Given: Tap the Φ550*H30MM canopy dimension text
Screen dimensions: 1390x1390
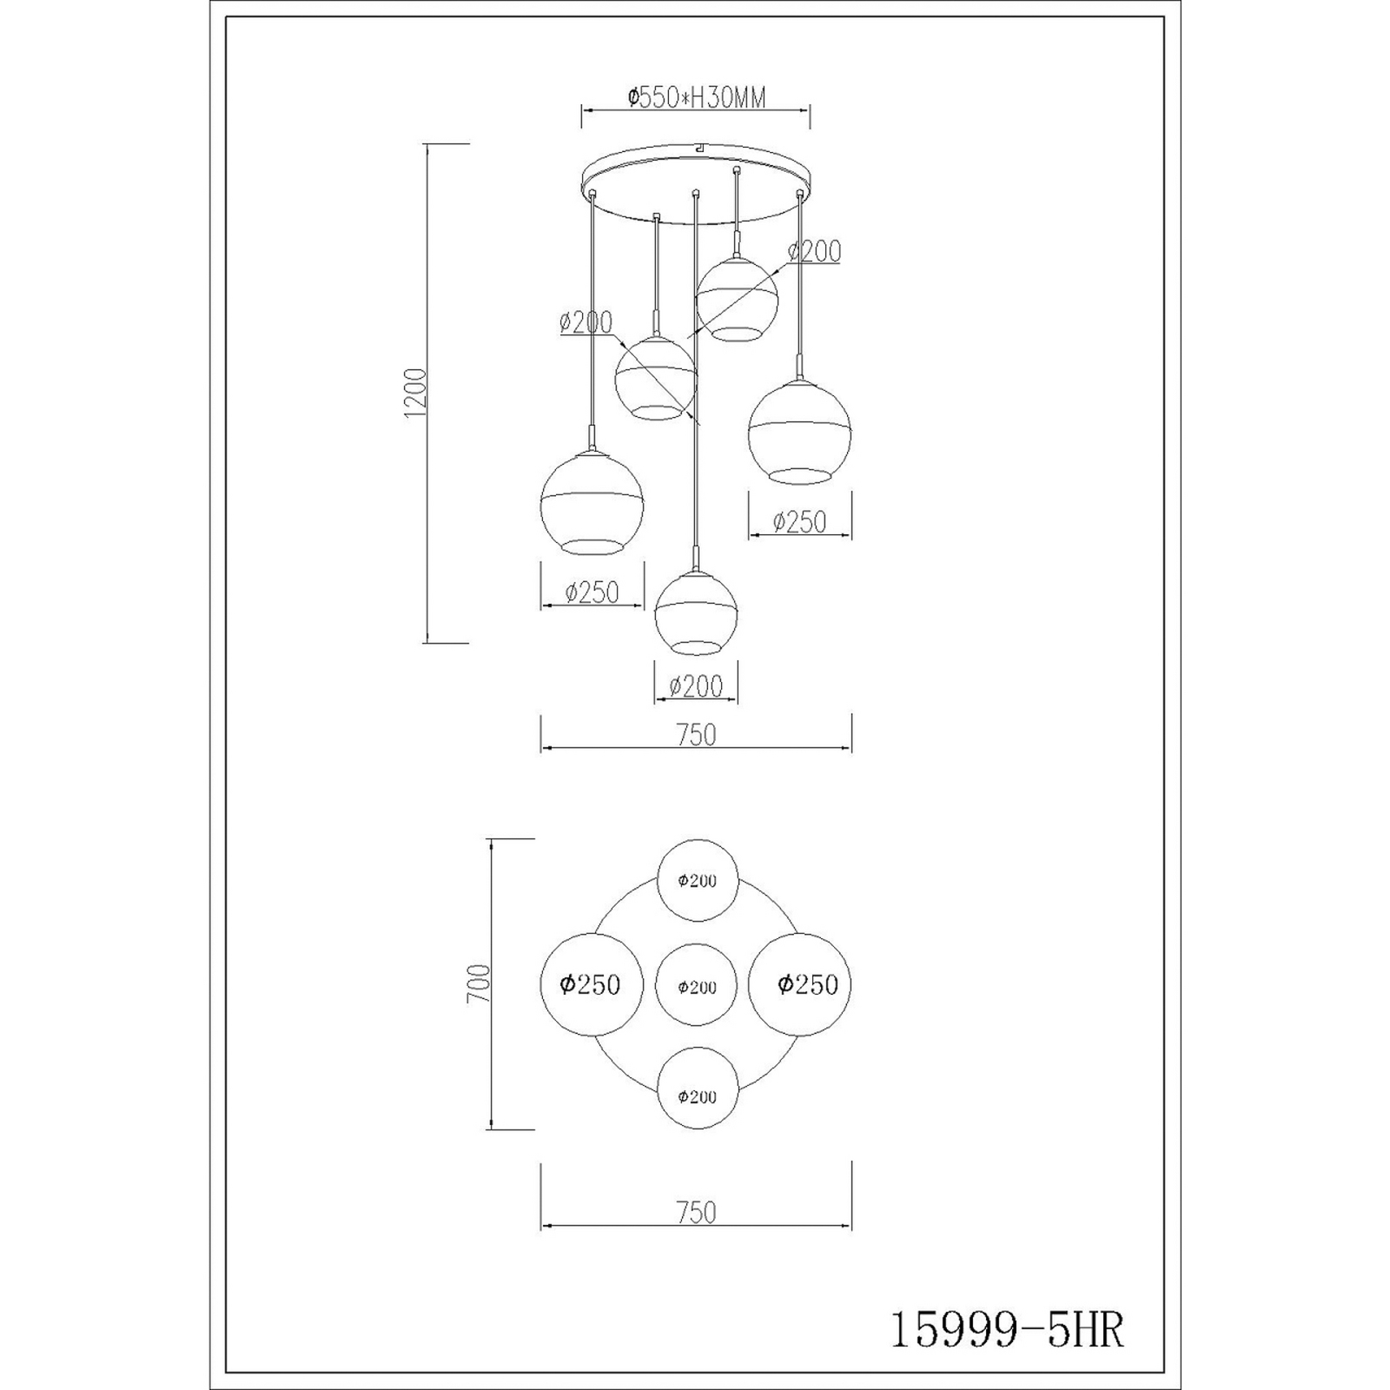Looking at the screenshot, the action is point(697,97).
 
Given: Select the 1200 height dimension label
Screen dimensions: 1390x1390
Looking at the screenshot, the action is point(415,394).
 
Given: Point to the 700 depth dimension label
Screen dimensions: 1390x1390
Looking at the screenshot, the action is point(479,983).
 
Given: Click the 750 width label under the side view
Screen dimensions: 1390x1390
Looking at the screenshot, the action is point(696,735).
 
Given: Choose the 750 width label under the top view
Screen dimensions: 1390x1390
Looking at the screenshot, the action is point(696,1212).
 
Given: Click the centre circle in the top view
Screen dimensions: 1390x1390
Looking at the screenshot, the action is point(697,986).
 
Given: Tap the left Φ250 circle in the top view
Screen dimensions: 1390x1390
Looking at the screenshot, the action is point(592,985).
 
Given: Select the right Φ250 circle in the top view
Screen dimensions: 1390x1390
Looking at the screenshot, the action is point(800,985).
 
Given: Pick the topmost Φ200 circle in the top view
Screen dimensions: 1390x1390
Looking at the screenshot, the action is point(698,880).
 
